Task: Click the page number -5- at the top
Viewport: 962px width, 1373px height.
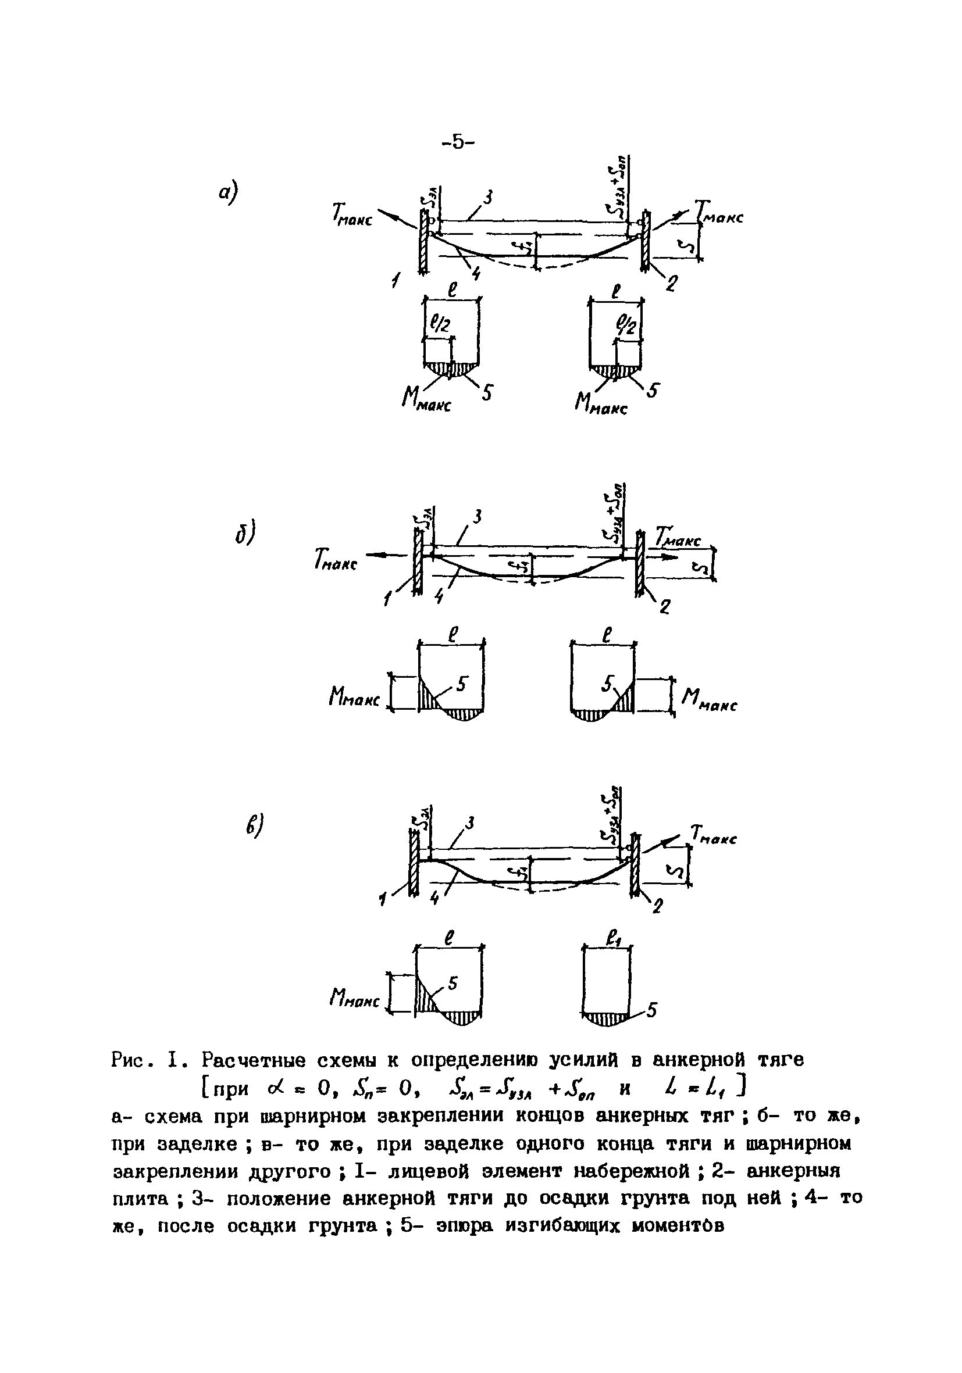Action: pos(458,142)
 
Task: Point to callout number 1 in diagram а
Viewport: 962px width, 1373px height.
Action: pos(396,279)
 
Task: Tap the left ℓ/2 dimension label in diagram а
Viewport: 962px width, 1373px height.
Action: pos(440,326)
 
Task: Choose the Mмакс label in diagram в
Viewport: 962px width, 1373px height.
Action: pos(354,998)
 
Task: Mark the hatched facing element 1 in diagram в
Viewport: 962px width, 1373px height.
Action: pos(412,861)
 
